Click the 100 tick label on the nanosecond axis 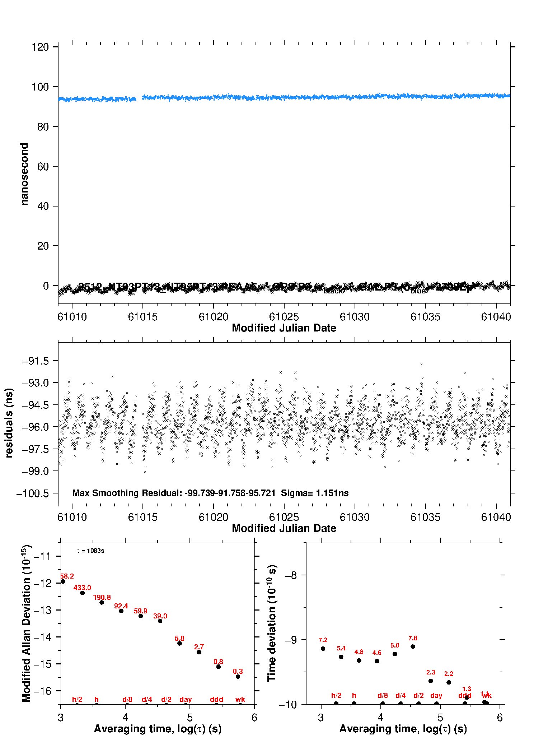click(x=40, y=87)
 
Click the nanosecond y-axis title click(x=24, y=174)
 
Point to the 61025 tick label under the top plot click(x=284, y=317)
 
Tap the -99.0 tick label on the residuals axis click(x=35, y=471)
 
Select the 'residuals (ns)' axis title click(x=9, y=423)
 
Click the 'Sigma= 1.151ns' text click(x=315, y=493)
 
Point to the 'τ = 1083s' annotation click(x=90, y=551)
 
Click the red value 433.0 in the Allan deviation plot click(x=82, y=588)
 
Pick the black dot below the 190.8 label click(x=102, y=602)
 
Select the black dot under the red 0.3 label click(x=238, y=677)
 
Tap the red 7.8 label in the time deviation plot click(x=413, y=638)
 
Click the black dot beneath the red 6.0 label click(x=395, y=654)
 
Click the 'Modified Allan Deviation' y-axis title click(x=26, y=623)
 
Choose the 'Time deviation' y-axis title click(x=272, y=623)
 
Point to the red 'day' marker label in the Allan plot click(x=186, y=699)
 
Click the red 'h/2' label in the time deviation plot click(x=336, y=696)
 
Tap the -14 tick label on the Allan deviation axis click(x=42, y=637)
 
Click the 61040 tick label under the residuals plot click(x=496, y=517)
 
